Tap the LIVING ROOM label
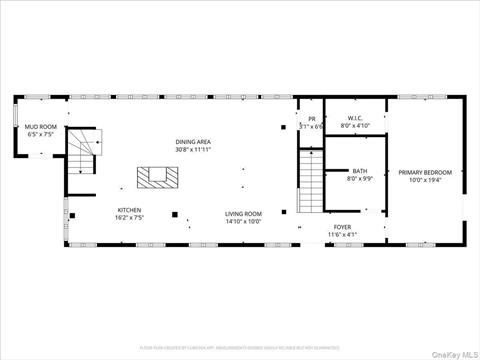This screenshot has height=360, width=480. pos(242,213)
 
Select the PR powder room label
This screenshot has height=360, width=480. pos(311,119)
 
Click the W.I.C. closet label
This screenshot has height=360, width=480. pos(355,119)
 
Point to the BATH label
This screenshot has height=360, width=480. pos(359,171)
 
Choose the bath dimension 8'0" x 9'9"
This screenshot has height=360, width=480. pos(359,179)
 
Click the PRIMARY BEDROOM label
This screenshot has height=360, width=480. pos(425,172)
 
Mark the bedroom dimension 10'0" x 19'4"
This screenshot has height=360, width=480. pos(425,180)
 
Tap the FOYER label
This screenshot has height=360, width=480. pos(342,227)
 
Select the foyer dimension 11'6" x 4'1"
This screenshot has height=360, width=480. pos(342,235)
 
